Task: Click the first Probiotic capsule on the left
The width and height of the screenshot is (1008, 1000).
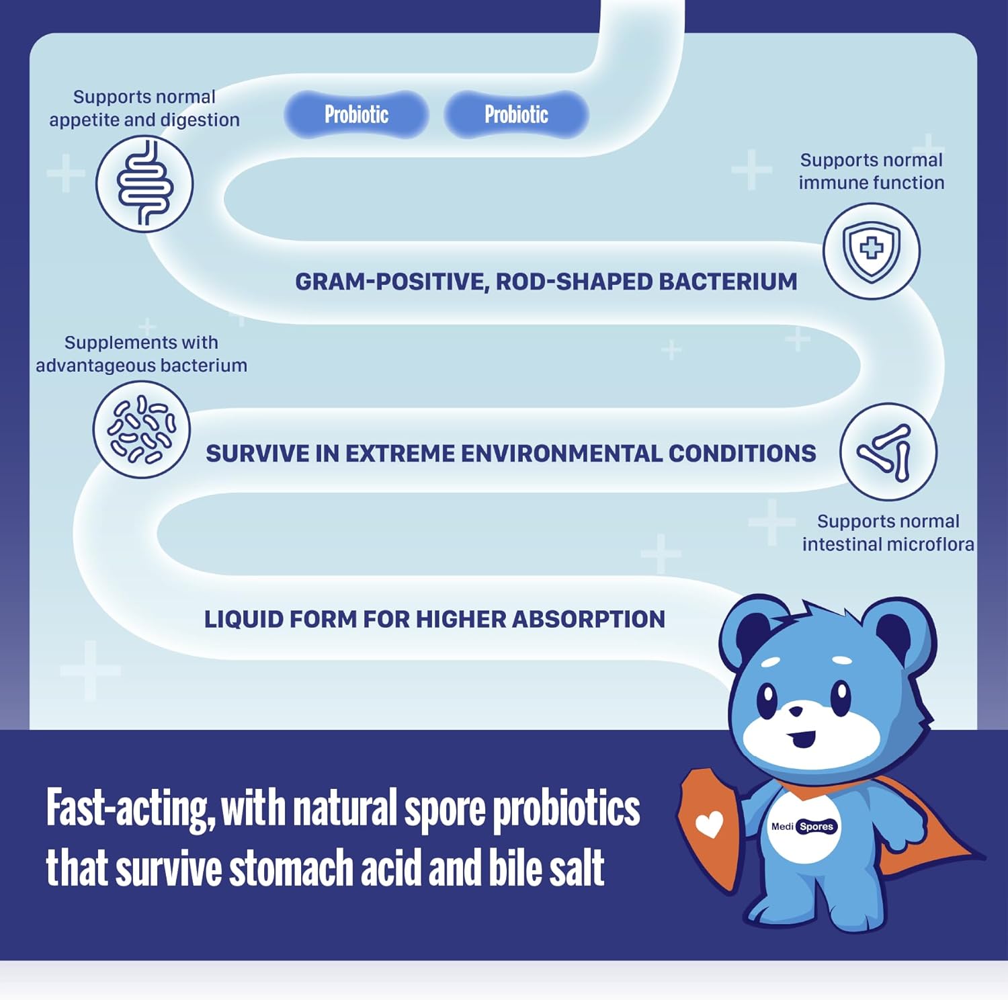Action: [x=356, y=115]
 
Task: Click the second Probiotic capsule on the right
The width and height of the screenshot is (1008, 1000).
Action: [x=516, y=115]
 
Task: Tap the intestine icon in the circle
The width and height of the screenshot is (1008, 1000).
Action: [x=144, y=184]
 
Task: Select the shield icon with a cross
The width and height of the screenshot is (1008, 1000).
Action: [x=872, y=251]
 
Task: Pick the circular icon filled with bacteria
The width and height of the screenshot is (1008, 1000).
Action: [x=142, y=429]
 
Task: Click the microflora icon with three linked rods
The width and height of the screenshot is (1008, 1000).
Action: [x=888, y=451]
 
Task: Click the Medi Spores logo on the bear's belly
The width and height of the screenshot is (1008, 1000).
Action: [x=803, y=827]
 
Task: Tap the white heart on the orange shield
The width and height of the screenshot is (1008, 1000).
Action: [x=709, y=824]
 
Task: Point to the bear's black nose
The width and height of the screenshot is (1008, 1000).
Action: [x=796, y=710]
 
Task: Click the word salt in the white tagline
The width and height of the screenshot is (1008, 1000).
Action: [x=576, y=868]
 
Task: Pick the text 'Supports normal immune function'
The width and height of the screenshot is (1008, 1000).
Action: [x=871, y=171]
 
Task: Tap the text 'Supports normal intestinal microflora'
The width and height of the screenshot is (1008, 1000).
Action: [x=888, y=533]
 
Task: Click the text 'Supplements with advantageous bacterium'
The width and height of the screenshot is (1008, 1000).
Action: [x=141, y=354]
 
